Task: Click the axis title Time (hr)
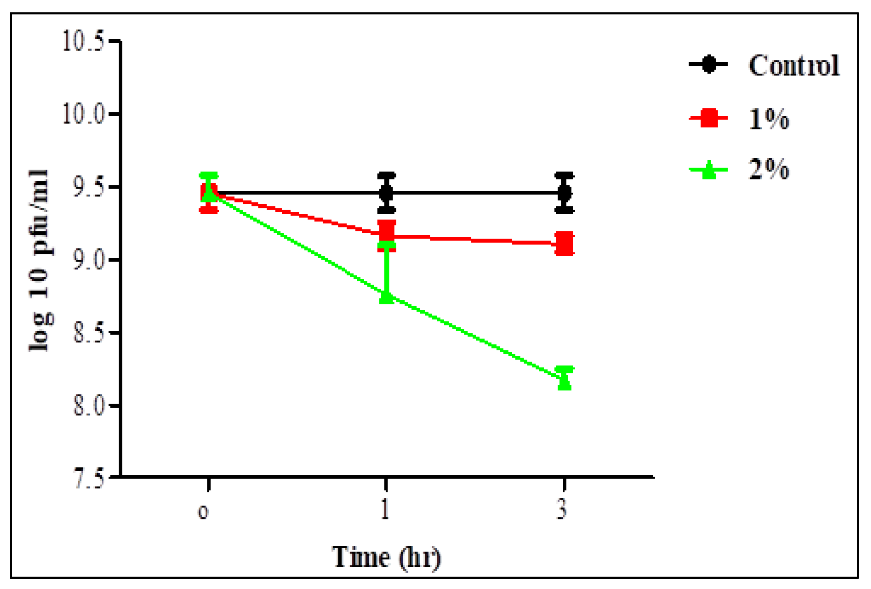(386, 558)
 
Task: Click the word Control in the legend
(794, 65)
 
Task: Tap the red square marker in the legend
(709, 118)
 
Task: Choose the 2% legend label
(768, 169)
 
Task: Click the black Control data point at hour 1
(386, 192)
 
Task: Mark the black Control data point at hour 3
(564, 192)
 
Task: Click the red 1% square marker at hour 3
(564, 243)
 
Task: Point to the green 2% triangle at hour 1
(386, 296)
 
